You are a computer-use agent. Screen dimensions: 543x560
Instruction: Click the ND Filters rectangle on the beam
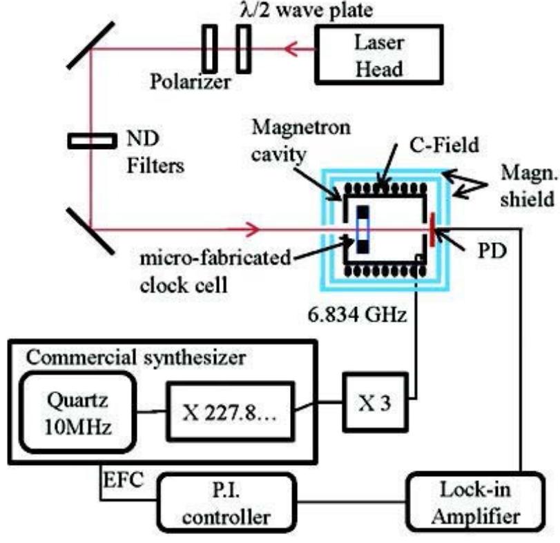click(91, 141)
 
